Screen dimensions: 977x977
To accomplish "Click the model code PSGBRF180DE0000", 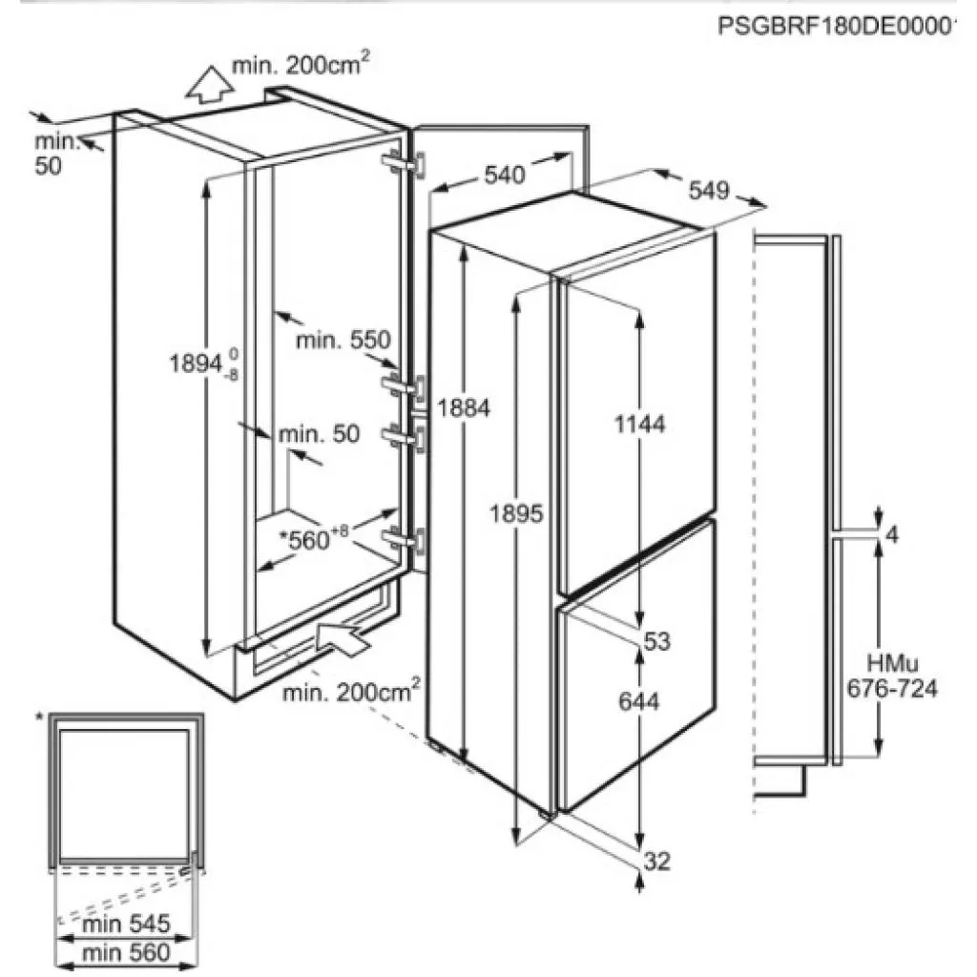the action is (836, 27).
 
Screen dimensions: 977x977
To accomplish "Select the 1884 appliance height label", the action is (464, 408).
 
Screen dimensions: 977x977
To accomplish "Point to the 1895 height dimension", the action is (516, 513).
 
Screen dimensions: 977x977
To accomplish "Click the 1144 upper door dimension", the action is (640, 425).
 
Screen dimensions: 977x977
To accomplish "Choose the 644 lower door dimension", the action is (638, 701).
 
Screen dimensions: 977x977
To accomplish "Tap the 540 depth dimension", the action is (505, 176).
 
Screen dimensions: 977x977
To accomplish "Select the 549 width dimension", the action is (709, 190).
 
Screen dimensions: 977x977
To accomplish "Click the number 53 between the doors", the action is (656, 640).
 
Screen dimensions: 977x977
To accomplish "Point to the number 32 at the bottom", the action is (656, 862).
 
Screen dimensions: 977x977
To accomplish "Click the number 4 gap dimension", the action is (892, 534).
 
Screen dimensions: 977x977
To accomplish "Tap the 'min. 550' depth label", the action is (343, 341).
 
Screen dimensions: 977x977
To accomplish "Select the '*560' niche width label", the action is (313, 538).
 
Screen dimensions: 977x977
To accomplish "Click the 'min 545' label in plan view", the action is (126, 924).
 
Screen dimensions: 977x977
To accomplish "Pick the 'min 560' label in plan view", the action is (126, 952).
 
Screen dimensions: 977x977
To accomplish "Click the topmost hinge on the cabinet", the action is (405, 165).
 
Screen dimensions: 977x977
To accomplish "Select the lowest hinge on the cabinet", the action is (405, 540).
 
